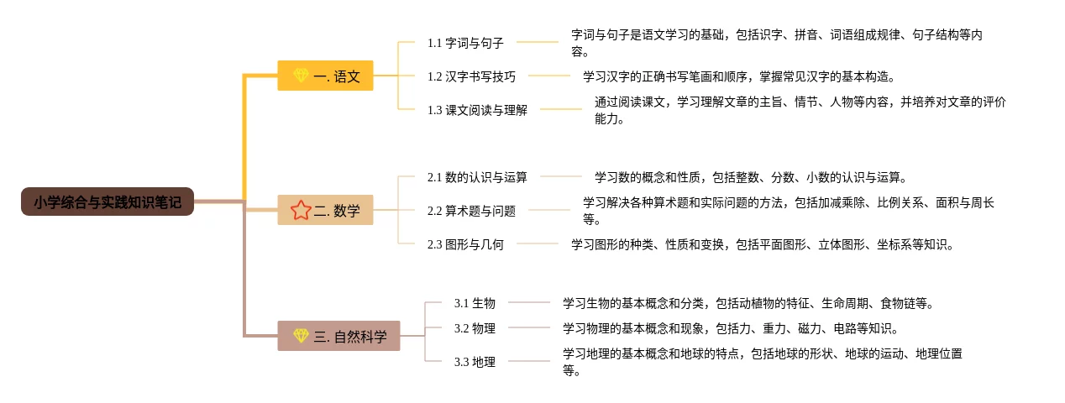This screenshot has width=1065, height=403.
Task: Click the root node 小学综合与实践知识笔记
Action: pyautogui.click(x=108, y=202)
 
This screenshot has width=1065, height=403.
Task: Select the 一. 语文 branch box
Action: pyautogui.click(x=325, y=76)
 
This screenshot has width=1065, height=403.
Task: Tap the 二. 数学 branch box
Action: pyautogui.click(x=325, y=211)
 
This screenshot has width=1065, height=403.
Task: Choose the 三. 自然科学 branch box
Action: pyautogui.click(x=338, y=337)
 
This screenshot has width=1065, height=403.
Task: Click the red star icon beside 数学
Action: pyautogui.click(x=301, y=211)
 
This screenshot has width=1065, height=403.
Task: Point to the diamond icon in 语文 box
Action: pyautogui.click(x=301, y=76)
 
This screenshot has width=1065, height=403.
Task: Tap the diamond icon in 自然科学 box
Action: pyautogui.click(x=301, y=336)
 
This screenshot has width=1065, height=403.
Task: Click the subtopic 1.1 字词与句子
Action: pyautogui.click(x=465, y=43)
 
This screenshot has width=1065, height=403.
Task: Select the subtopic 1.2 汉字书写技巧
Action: pyautogui.click(x=471, y=76)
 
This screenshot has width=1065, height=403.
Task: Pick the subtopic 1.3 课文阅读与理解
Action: pyautogui.click(x=477, y=110)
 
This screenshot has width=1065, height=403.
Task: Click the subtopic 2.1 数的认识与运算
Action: pyautogui.click(x=477, y=177)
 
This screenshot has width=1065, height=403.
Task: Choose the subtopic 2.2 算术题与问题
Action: pyautogui.click(x=471, y=211)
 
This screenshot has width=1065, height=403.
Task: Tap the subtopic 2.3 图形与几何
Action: pyautogui.click(x=465, y=244)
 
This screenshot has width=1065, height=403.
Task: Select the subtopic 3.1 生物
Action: pyautogui.click(x=475, y=303)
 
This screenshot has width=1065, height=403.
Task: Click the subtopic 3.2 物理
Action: pyautogui.click(x=475, y=328)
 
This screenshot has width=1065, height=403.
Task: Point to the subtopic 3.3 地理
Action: pyautogui.click(x=475, y=362)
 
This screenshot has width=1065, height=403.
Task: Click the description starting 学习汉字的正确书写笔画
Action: pyautogui.click(x=739, y=76)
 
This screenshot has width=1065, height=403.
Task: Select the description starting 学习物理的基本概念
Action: pyautogui.click(x=730, y=328)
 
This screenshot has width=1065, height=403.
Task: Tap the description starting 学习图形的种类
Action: pyautogui.click(x=762, y=244)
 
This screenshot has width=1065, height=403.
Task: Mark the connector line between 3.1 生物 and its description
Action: pyautogui.click(x=529, y=302)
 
